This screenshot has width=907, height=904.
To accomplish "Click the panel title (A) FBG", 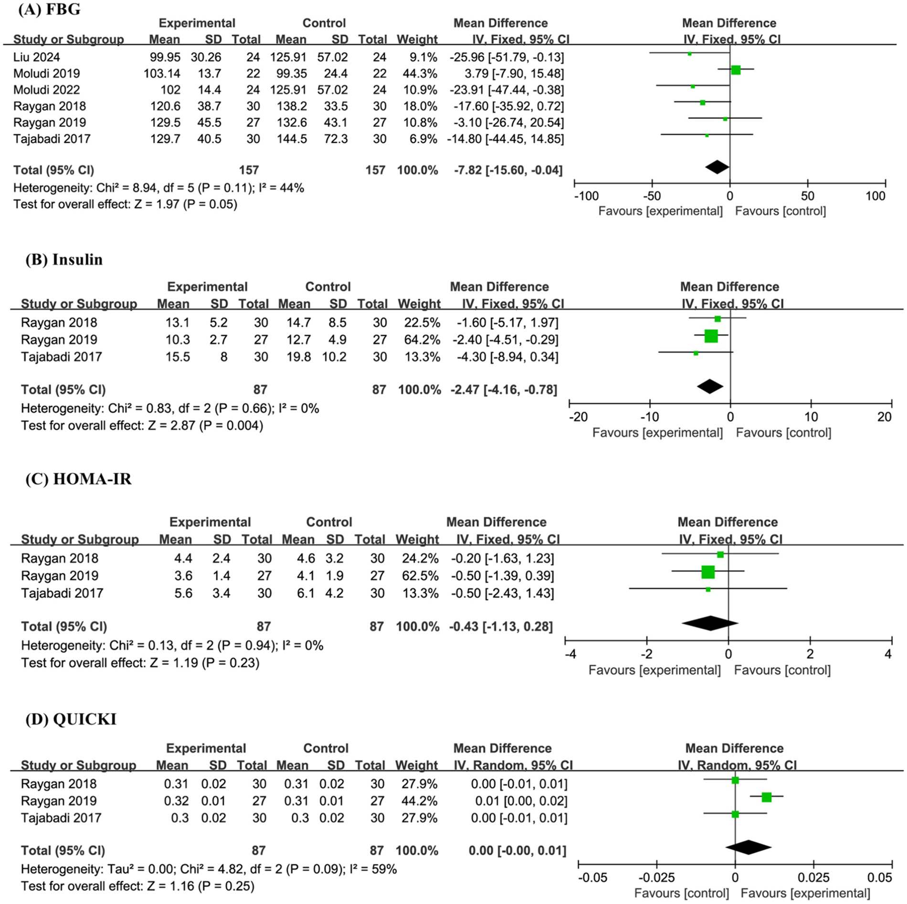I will [49, 9].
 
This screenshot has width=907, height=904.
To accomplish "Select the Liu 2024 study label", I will [37, 57].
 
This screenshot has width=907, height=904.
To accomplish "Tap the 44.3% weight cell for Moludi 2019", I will [417, 74].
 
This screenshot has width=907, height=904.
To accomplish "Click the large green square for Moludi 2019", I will [736, 70].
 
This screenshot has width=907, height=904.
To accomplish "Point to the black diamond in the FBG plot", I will [717, 167].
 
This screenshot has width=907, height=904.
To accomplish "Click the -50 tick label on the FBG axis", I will [651, 196].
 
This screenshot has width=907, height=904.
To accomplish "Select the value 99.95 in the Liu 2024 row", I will [165, 57].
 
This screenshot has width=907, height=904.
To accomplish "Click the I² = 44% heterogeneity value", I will [281, 188].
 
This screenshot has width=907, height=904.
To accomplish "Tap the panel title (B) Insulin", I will [64, 259].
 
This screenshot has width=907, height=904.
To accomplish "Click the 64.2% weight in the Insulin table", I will [419, 340].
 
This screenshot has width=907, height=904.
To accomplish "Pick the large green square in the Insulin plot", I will [711, 336].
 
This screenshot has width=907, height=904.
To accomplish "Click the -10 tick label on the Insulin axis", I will [649, 417].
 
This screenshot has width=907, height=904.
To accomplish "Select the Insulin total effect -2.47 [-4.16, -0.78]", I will [504, 390].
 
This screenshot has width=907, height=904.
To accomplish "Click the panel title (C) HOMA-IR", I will [78, 479].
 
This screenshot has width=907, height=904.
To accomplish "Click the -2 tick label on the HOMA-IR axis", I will [646, 654].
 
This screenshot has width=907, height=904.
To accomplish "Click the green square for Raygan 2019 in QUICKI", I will [766, 797].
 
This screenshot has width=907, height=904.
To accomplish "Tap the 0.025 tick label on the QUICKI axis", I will [813, 877].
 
